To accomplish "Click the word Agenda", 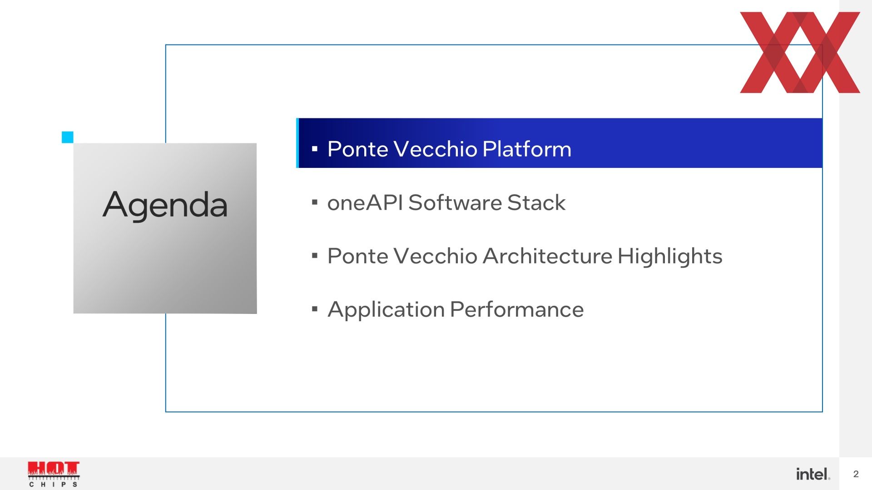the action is [165, 206].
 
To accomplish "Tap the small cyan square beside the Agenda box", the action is [68, 137].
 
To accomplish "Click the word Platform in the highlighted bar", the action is [527, 149].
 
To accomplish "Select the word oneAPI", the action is [365, 202].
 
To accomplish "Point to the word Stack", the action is [536, 202].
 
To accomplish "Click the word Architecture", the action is [547, 256].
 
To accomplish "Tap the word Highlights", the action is [670, 257].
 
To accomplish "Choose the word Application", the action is [386, 310].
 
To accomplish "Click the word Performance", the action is [517, 309].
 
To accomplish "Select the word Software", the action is [455, 202].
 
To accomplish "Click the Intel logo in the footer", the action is [813, 474].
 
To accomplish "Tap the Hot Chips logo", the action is [54, 474].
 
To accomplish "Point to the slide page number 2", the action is [856, 474].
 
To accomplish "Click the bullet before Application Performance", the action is [315, 309].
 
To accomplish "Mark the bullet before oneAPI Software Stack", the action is [315, 202].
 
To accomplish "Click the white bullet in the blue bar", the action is [315, 149].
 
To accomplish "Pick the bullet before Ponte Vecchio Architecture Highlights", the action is [315, 256].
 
